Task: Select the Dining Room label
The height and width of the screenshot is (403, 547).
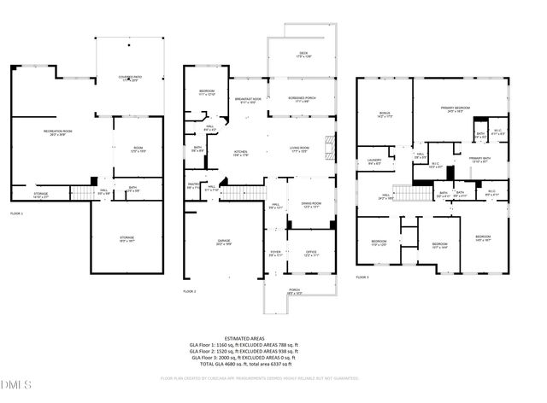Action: coord(310,206)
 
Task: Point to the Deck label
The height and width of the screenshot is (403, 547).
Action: coord(303,55)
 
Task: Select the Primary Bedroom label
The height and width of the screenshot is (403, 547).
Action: coord(457,109)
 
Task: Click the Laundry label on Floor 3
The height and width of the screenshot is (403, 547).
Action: coord(374,161)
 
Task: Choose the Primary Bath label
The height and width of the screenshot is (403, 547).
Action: coord(479,160)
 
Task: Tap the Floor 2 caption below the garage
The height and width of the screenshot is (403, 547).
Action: coord(190,292)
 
